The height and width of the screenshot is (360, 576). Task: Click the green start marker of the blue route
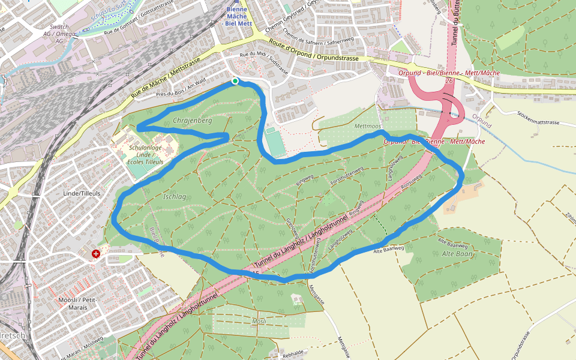[235, 81]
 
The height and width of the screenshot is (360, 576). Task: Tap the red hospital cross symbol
[96, 254]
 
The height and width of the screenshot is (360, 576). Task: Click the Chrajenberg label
[192, 121]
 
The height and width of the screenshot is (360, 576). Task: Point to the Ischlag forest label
[175, 196]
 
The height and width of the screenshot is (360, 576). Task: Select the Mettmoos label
[368, 127]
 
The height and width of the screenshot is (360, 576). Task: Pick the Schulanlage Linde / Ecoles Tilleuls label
[146, 155]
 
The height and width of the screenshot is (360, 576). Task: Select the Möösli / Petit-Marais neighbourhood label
[73, 303]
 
